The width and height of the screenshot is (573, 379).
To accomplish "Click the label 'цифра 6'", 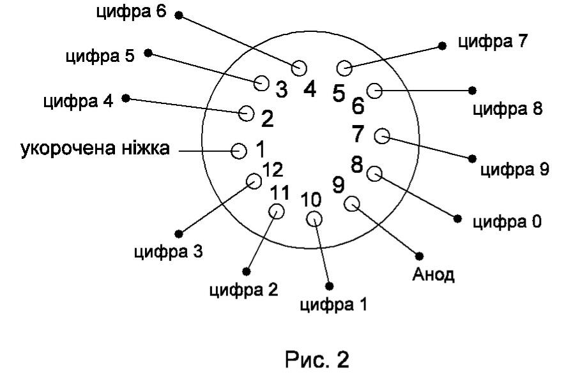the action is [x=131, y=11].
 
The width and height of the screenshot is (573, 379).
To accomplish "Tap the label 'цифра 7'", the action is [x=493, y=41].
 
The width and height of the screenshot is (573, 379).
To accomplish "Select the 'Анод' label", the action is [x=433, y=274].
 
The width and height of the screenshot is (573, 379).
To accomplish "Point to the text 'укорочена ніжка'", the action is [x=95, y=148].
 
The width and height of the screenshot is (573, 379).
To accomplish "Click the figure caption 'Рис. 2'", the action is [x=317, y=360].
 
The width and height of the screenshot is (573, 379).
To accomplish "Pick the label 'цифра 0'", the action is [x=507, y=222].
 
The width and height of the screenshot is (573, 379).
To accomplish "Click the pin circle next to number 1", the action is [x=239, y=151].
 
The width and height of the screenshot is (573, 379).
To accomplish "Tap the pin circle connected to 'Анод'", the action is [x=352, y=204].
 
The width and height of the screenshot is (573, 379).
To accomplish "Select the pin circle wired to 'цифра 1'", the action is [x=314, y=219].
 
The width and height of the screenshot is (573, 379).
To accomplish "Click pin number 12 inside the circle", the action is [x=273, y=170].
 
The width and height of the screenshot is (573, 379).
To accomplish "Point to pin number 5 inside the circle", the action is [x=339, y=93].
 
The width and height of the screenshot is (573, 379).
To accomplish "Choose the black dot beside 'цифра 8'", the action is [x=472, y=90].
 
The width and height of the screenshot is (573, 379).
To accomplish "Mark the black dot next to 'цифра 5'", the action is [x=148, y=53].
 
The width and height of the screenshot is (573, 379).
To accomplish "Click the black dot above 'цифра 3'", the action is [x=179, y=234].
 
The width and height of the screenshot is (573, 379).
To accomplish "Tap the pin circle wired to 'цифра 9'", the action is [x=382, y=136].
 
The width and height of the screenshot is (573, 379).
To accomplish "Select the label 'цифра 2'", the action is [x=244, y=290].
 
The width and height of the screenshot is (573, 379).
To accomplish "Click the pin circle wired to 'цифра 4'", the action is [x=247, y=113].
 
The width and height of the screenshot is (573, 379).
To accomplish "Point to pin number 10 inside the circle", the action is [x=311, y=199].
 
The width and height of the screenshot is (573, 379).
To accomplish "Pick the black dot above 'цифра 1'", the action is [x=329, y=286].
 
